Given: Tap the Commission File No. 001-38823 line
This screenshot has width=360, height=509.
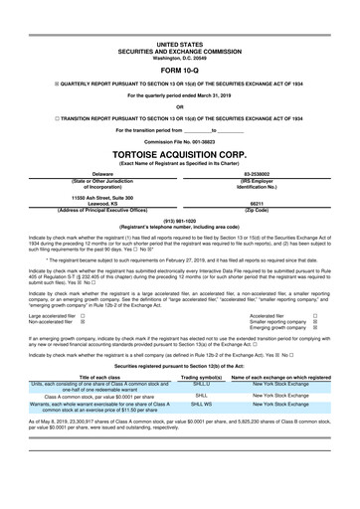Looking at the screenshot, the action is (x=179, y=143).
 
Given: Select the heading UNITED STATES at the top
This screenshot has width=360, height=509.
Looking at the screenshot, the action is (x=179, y=45).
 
